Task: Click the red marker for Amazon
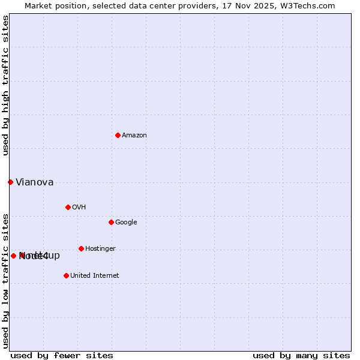pos(118,135)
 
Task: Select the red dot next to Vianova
pos(10,182)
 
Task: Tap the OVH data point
pos(68,207)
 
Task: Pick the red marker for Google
pos(111,222)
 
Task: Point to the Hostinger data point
pos(81,248)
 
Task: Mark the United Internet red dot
pos(66,275)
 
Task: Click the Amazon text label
pos(134,136)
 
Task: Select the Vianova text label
pos(34,182)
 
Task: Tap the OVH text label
pos(79,208)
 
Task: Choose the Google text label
pos(126,223)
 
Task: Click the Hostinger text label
pos(100,249)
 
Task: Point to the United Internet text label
pos(94,276)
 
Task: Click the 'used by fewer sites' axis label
pos(62,355)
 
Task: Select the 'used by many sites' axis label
pos(301,355)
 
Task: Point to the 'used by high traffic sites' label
pos(6,85)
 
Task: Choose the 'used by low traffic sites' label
pos(6,281)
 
